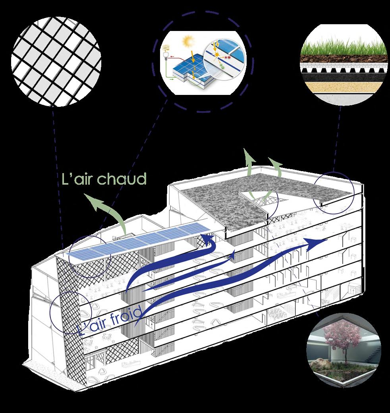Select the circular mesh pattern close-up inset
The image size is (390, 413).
(56, 62)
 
